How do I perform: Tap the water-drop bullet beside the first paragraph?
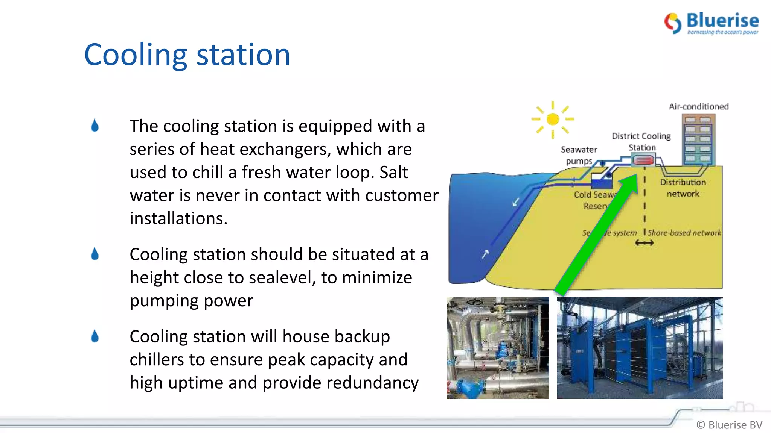pos(95,126)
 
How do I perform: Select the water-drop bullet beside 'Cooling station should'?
pos(95,254)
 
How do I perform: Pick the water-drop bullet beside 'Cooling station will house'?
pos(95,336)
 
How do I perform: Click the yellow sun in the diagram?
pos(552,119)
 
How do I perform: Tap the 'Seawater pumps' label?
pos(579,155)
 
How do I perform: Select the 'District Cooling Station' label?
pos(641,142)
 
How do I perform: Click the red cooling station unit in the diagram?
pos(643,161)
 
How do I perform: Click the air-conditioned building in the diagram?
pos(698,139)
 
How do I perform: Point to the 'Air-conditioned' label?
pos(699,107)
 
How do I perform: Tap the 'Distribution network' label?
pos(683,188)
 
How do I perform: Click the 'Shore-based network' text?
pos(684,233)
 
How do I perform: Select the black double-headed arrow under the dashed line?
pos(644,243)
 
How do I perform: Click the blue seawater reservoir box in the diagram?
pos(601,183)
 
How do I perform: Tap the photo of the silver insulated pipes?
pos(498,348)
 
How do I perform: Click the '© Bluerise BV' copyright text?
pos(729,425)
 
